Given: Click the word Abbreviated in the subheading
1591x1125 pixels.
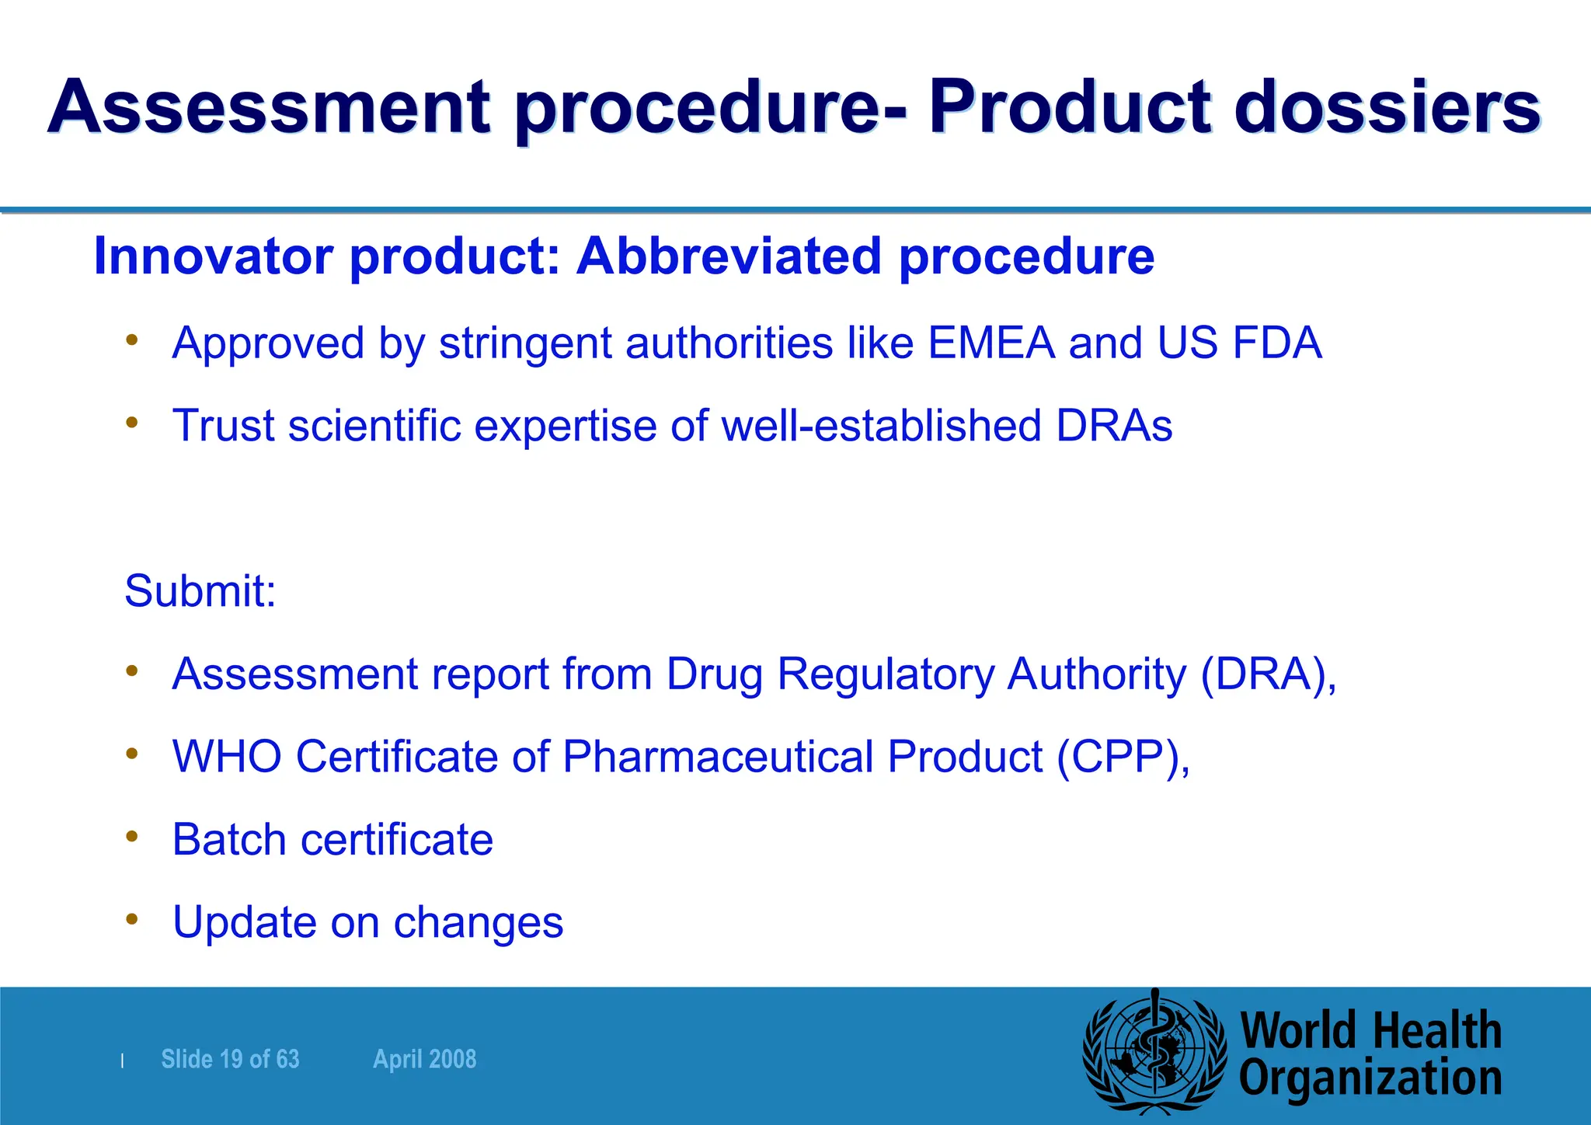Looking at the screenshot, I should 729,256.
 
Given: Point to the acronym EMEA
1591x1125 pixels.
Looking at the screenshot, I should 991,343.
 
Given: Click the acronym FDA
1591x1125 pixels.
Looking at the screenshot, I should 1277,343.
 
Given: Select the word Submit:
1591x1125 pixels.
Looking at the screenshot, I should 200,591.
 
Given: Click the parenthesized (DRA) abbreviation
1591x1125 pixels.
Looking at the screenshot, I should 1268,674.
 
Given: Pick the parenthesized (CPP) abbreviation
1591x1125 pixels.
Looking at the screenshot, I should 1123,757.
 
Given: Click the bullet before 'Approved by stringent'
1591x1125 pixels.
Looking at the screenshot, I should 132,340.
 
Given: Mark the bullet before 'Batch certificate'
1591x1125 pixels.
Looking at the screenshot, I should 132,836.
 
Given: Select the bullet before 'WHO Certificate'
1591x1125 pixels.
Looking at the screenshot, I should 132,753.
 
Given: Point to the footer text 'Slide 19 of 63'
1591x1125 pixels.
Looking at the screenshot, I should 230,1059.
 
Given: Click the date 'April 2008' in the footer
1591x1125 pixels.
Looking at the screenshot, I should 424,1059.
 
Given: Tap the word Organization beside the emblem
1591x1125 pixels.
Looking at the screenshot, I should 1370,1079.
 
